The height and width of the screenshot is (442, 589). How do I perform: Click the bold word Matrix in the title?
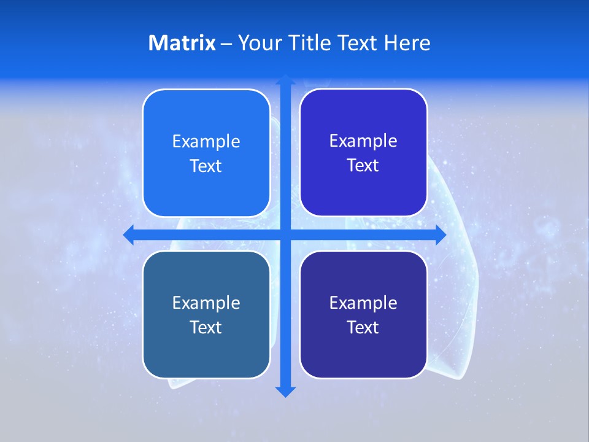(182, 43)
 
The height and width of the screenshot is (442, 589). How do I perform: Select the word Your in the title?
(258, 43)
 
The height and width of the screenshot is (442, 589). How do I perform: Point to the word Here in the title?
(407, 43)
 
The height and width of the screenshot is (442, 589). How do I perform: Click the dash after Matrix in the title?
(226, 44)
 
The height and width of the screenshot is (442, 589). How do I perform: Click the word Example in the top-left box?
(206, 142)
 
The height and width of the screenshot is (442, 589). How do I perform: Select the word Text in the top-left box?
(206, 166)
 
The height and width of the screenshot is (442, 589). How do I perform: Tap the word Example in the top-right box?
(363, 141)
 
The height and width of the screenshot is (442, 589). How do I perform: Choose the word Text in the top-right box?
(363, 166)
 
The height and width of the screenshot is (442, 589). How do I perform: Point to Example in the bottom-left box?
(206, 303)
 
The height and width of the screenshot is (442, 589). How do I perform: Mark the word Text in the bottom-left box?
(206, 328)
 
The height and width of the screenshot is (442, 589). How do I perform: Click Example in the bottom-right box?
(363, 303)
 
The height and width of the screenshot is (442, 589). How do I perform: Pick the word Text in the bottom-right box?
(363, 328)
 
